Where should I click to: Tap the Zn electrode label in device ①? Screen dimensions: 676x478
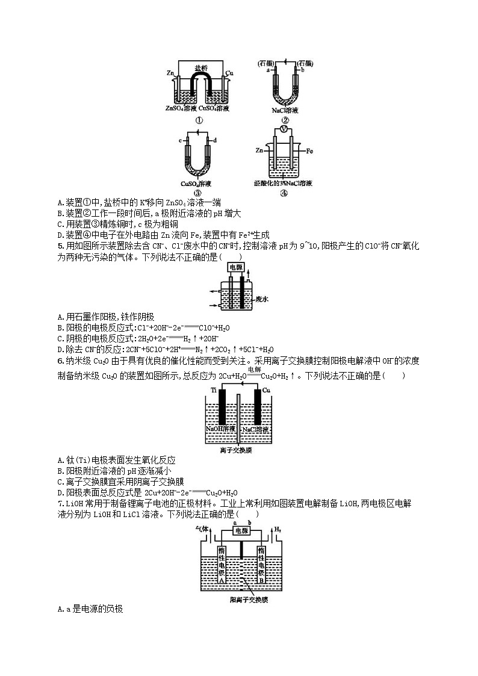(x=170, y=73)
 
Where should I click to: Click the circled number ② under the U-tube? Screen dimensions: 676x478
(x=285, y=120)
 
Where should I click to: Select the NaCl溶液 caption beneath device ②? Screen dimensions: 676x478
(x=285, y=111)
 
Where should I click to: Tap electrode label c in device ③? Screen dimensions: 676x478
(x=180, y=140)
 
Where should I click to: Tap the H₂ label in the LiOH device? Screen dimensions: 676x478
(x=278, y=529)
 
